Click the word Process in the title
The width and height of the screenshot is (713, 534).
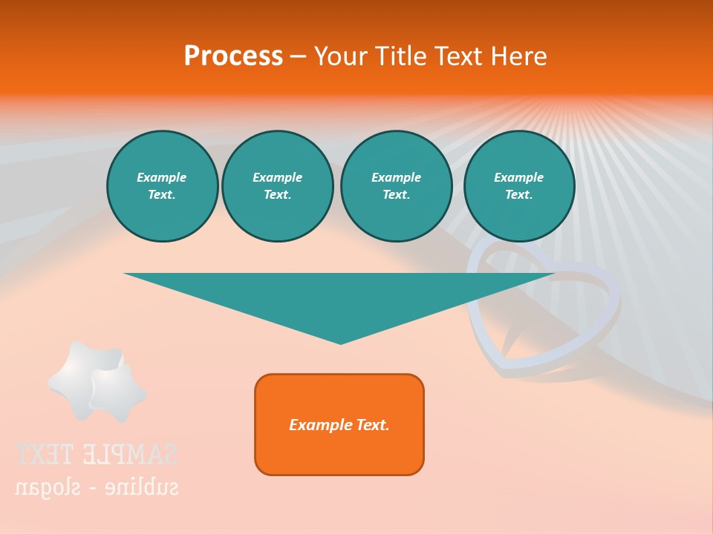coord(233,56)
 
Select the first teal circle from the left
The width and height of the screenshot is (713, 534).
coord(162,186)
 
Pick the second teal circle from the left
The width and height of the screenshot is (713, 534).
coord(277,186)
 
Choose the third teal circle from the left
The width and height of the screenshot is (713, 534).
coord(396,186)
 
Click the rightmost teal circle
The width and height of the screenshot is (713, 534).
coord(518,186)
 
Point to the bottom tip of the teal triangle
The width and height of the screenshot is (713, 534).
coord(340,343)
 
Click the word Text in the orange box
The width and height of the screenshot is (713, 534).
coord(373,425)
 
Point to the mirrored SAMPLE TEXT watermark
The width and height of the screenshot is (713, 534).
coord(97,454)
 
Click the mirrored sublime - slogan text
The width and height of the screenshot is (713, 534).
coord(97,487)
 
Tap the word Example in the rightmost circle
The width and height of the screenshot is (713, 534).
coord(518,177)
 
